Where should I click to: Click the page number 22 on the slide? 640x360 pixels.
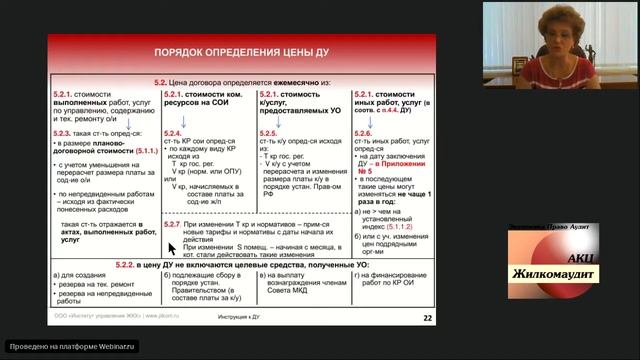[x=428, y=318]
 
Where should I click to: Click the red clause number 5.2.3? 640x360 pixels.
[x=66, y=131]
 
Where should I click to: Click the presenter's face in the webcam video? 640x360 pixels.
[x=556, y=30]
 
